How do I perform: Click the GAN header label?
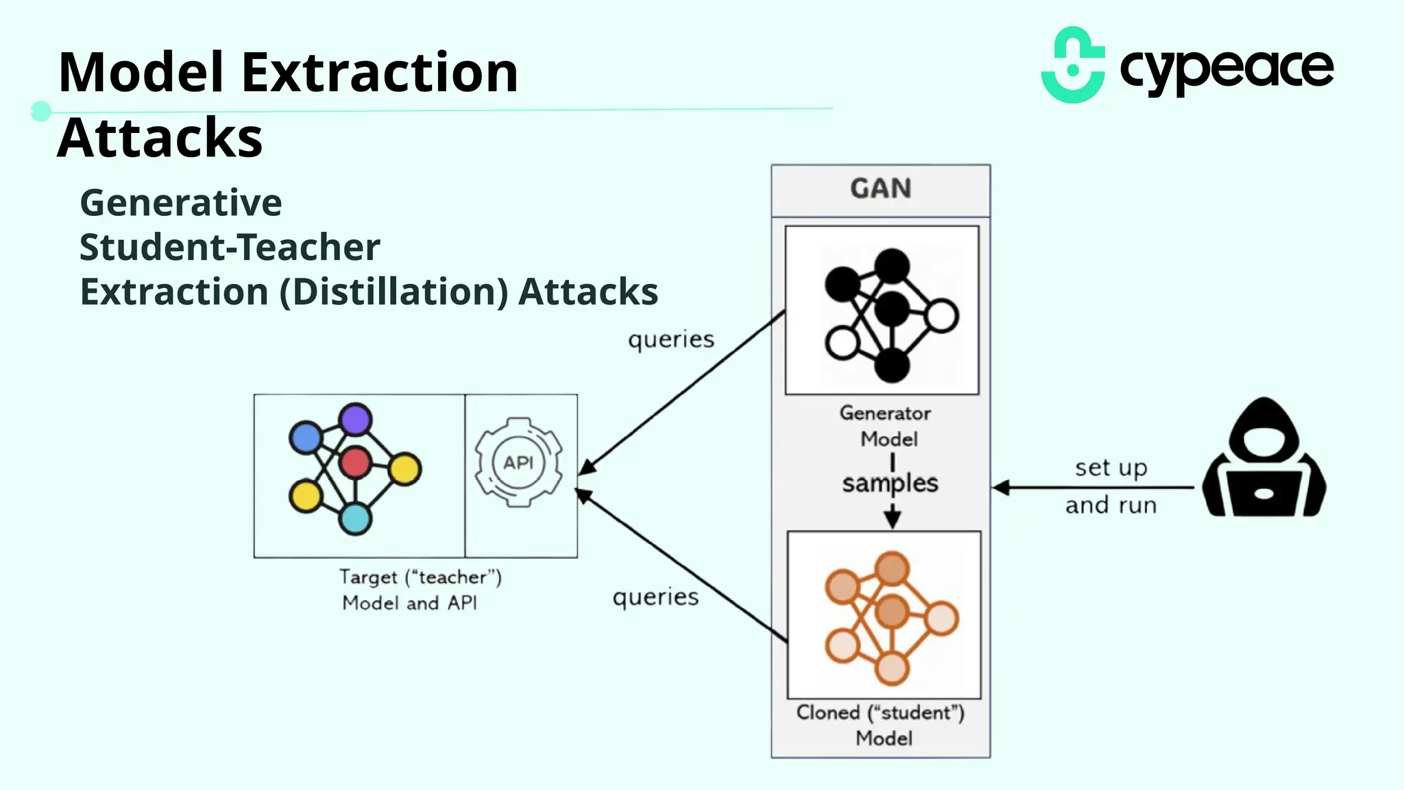point(880,189)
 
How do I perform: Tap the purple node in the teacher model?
point(355,420)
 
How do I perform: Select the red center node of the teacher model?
point(355,462)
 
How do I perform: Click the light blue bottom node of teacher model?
point(355,518)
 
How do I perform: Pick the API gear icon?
point(518,463)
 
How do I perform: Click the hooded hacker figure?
point(1263,458)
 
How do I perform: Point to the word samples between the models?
point(890,483)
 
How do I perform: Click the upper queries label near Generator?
point(671,339)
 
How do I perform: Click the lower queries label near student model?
point(655,597)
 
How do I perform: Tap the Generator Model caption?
point(886,426)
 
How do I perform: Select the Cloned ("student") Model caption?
point(881,725)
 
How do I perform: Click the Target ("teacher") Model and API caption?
point(420,589)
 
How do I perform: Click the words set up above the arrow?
point(1111,468)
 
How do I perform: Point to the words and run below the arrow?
point(1111,505)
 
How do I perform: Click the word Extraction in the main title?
point(380,73)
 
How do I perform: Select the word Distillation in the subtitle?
point(394,292)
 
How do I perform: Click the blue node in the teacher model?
point(306,438)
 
